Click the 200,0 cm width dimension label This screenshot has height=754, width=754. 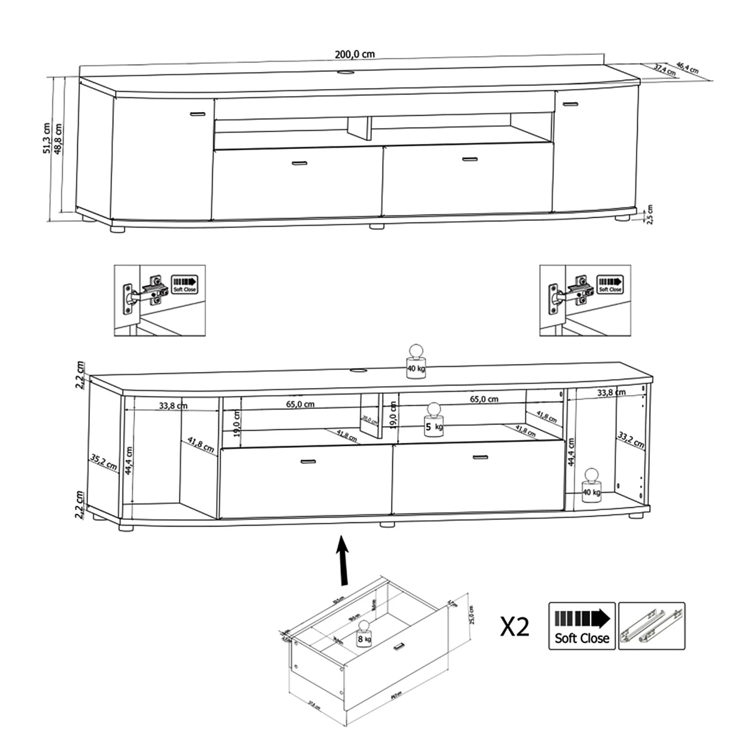pyautogui.click(x=355, y=54)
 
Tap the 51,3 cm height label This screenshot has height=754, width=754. pyautogui.click(x=47, y=138)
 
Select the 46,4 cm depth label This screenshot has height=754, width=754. pyautogui.click(x=687, y=67)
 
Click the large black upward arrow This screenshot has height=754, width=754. pyautogui.click(x=343, y=559)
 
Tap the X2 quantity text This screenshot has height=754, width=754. pyautogui.click(x=515, y=627)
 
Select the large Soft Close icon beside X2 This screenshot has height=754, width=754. pyautogui.click(x=582, y=626)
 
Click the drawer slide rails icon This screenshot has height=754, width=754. pyautogui.click(x=651, y=626)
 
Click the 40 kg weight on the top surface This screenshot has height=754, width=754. pyautogui.click(x=416, y=361)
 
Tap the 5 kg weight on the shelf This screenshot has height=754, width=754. pyautogui.click(x=433, y=420)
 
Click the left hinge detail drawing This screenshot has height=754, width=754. pyautogui.click(x=159, y=300)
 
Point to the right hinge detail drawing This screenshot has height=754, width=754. pyautogui.click(x=585, y=300)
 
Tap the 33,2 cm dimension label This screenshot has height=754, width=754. pyautogui.click(x=630, y=440)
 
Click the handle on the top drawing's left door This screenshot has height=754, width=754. pyautogui.click(x=198, y=114)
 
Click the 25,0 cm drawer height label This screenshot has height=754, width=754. pyautogui.click(x=471, y=615)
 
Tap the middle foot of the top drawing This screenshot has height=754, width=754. pyautogui.click(x=376, y=226)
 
